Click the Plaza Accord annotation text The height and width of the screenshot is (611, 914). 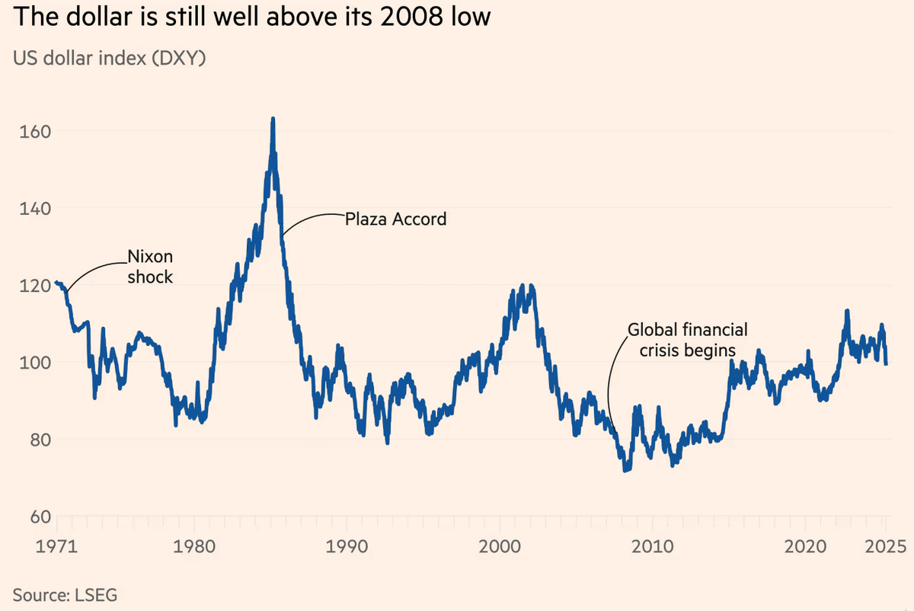395,219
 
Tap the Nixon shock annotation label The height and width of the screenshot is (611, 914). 150,267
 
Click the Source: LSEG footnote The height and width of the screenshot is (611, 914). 65,594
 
